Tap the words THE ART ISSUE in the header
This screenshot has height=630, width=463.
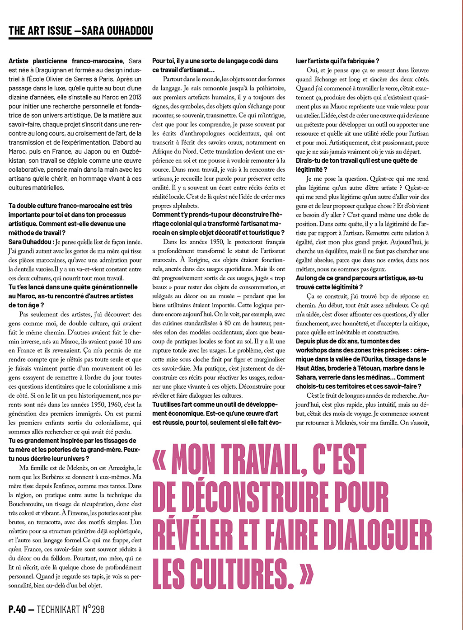pos(40,31)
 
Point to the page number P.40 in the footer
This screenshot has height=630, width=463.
pos(17,609)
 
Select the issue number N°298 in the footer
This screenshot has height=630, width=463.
pos(90,609)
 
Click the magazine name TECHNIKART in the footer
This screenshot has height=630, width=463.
pos(56,609)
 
